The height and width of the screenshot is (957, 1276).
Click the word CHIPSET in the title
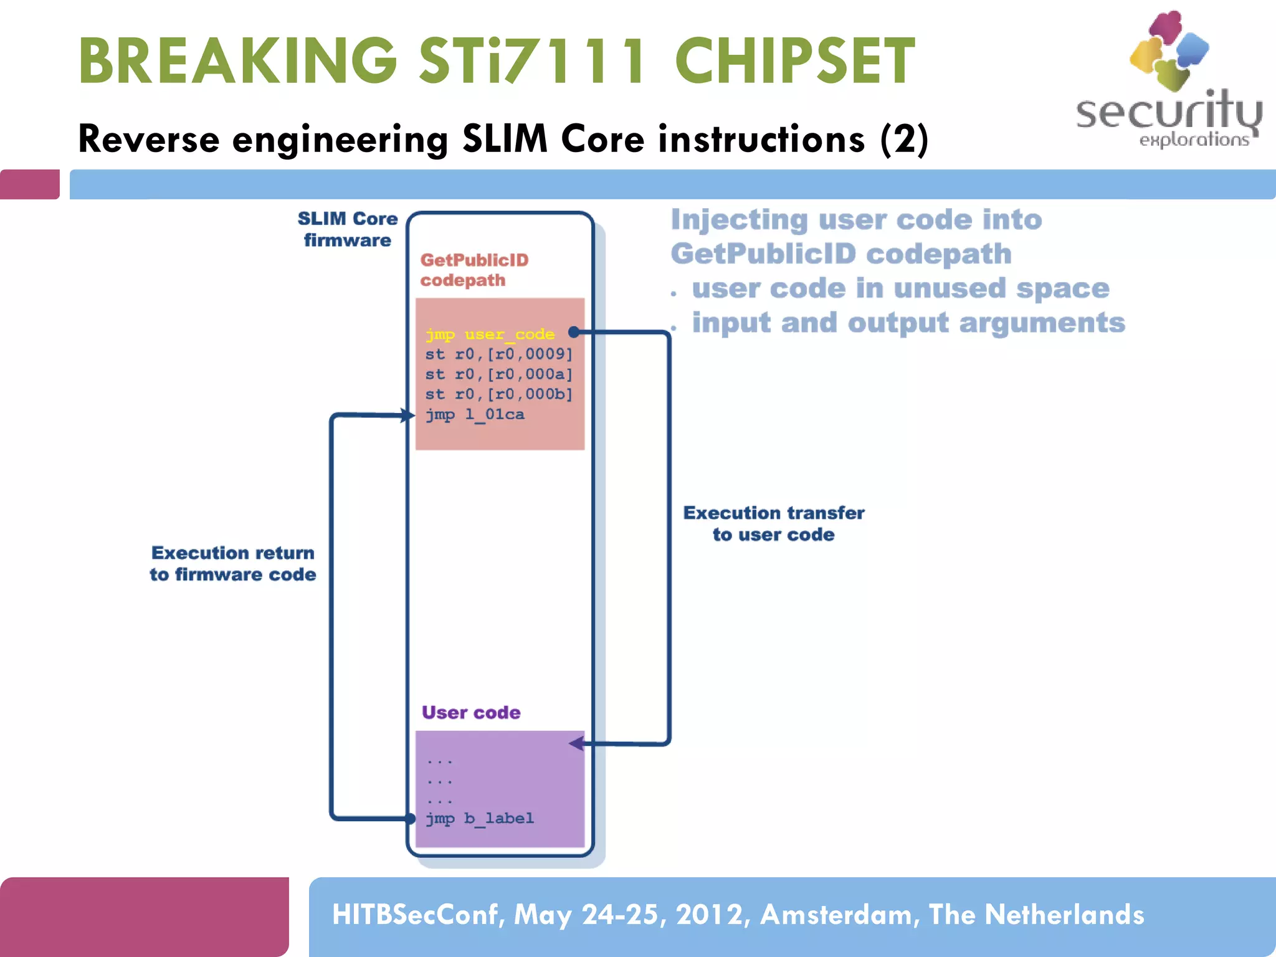(x=794, y=61)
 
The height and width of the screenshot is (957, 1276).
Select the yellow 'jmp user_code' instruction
(x=490, y=334)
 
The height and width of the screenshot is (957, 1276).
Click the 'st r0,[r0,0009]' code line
(x=498, y=354)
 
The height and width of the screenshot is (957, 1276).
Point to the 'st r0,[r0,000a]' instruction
(x=498, y=374)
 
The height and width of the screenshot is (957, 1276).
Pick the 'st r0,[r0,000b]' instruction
(x=498, y=394)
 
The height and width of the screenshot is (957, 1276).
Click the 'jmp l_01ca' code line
(x=475, y=414)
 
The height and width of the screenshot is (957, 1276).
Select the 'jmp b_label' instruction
(x=480, y=818)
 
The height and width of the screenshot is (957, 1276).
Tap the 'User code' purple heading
(x=470, y=712)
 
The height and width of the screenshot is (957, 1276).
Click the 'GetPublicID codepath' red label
(x=474, y=270)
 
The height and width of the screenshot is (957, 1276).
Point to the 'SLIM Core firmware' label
(x=347, y=229)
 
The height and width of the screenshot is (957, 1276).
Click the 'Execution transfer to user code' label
(x=773, y=523)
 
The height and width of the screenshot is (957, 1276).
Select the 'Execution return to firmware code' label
(x=232, y=563)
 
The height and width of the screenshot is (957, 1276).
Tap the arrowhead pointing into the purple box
(x=576, y=743)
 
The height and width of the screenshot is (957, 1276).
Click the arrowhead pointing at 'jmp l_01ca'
(x=408, y=415)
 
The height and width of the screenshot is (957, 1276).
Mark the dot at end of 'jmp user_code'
(x=574, y=332)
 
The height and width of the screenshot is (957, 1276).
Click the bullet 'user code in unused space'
(x=900, y=288)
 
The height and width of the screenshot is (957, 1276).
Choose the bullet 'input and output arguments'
(x=908, y=323)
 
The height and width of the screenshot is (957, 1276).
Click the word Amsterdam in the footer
(x=839, y=915)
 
